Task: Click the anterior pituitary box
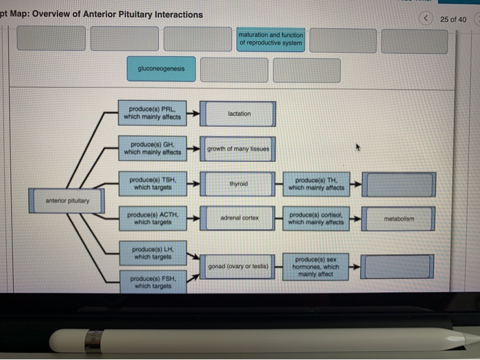click(67, 200)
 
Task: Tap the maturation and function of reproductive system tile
click(272, 38)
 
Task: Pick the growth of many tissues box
click(239, 149)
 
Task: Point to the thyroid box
click(239, 184)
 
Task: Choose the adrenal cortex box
click(239, 218)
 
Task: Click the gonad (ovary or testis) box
click(239, 265)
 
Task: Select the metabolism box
click(399, 219)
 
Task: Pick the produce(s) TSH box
click(152, 184)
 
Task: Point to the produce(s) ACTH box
click(152, 218)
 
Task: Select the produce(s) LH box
click(152, 251)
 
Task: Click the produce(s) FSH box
click(152, 282)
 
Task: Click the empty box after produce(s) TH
click(399, 184)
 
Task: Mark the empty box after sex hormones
click(399, 267)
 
